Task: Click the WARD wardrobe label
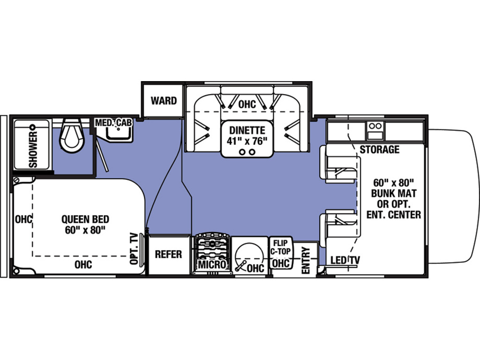(164, 101)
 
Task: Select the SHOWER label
(33, 150)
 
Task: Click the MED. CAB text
(113, 123)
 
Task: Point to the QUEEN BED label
(85, 219)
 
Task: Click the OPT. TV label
(134, 248)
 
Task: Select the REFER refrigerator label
(168, 254)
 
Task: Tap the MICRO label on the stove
(212, 264)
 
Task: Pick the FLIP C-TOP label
(280, 247)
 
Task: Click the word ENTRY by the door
(306, 261)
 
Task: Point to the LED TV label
(345, 260)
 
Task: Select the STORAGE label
(379, 150)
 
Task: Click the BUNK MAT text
(394, 194)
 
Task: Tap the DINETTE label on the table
(247, 130)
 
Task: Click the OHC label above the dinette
(247, 104)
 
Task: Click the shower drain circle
(32, 127)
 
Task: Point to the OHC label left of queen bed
(23, 219)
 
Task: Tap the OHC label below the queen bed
(83, 264)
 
